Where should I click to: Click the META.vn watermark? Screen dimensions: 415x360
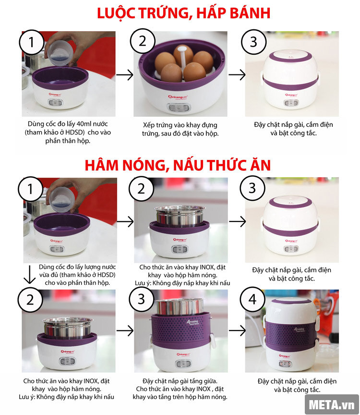[332, 404]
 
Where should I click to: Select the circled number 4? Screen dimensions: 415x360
[252, 300]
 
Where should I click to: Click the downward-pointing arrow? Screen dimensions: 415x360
[30, 275]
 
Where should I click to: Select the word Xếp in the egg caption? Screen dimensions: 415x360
[150, 124]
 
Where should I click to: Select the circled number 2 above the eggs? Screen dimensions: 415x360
[142, 42]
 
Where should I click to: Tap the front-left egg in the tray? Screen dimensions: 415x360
[171, 73]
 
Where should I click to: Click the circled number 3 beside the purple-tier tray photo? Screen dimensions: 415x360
[141, 300]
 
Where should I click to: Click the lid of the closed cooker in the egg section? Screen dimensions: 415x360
[292, 62]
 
